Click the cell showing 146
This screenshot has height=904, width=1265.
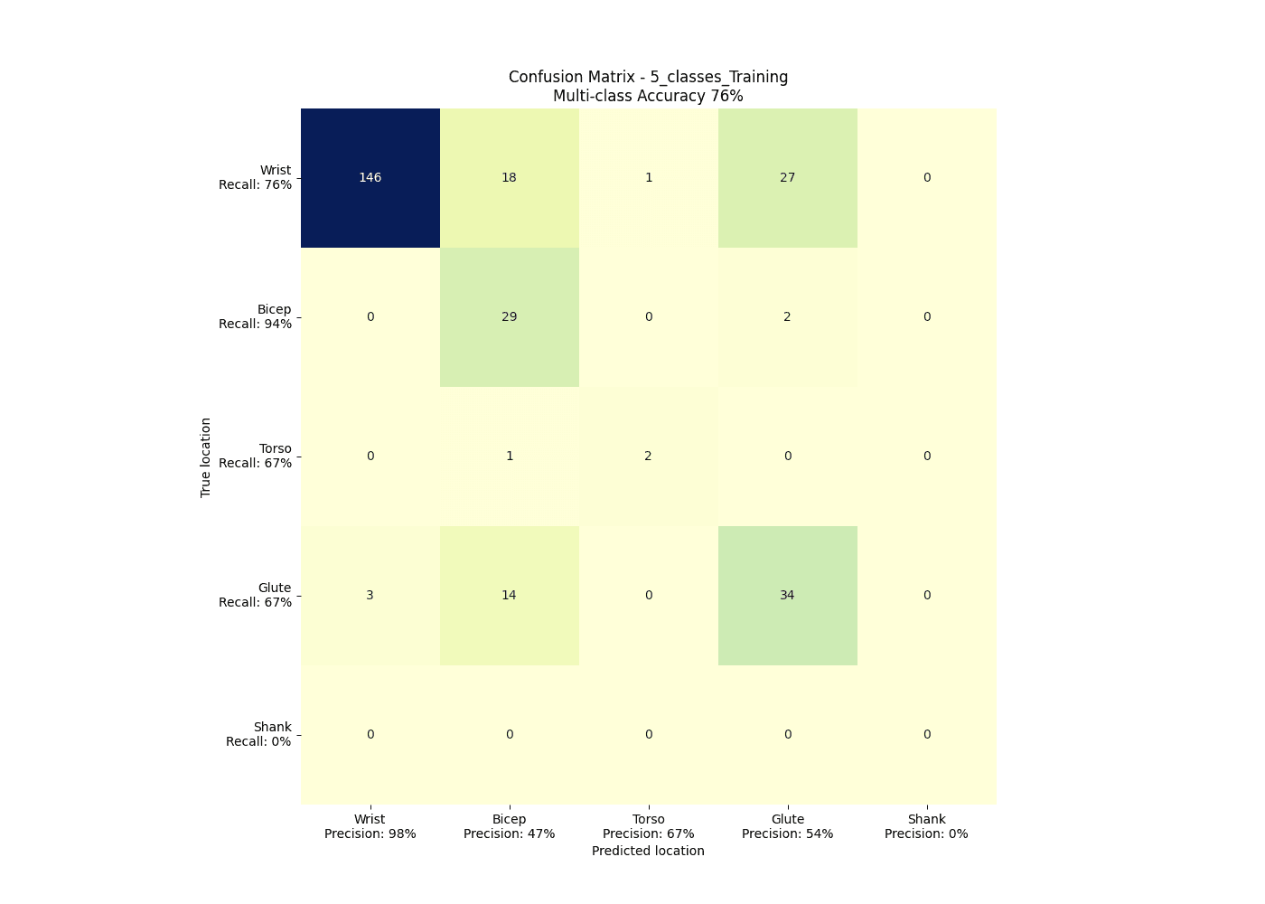[x=370, y=178]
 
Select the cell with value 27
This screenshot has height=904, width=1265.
[x=788, y=178]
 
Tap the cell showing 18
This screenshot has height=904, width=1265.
[x=510, y=178]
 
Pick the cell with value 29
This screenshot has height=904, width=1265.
[x=510, y=317]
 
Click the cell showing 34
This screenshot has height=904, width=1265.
[x=788, y=596]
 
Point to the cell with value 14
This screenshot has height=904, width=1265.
[x=510, y=596]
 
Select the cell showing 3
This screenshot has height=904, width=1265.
[x=370, y=596]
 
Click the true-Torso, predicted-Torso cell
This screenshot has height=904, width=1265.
[x=649, y=457]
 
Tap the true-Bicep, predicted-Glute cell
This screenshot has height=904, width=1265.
[x=788, y=317]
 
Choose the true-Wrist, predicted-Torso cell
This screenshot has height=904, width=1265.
[x=649, y=178]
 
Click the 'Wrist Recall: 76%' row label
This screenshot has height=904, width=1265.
[x=256, y=178]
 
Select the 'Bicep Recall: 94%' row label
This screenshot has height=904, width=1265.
[x=256, y=317]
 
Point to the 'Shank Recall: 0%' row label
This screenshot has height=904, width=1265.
[x=259, y=735]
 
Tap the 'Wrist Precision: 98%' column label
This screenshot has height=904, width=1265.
[x=370, y=827]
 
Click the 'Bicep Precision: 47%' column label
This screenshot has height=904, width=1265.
[x=510, y=827]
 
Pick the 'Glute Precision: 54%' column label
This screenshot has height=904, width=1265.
[x=788, y=827]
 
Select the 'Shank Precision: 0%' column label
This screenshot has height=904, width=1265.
[x=927, y=827]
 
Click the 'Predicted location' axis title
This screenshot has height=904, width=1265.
[x=648, y=852]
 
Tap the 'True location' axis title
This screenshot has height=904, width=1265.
[x=206, y=457]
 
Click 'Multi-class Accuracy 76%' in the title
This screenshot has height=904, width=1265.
[x=648, y=96]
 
